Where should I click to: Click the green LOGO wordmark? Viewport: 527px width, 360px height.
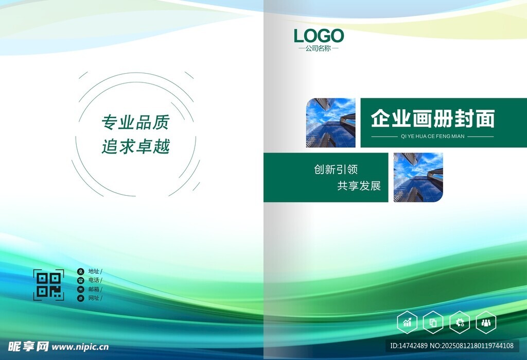tap(319, 36)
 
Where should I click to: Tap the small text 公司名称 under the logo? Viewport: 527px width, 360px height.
tap(318, 48)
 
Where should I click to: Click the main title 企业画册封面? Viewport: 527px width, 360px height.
tap(433, 118)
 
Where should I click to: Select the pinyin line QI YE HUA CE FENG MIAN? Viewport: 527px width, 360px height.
tap(432, 136)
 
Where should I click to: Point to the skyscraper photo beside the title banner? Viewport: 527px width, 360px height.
tap(331, 123)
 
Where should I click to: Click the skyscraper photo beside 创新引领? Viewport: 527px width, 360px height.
tap(418, 178)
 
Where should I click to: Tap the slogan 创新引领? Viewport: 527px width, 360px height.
tap(336, 169)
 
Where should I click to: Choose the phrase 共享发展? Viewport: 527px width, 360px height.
tap(359, 186)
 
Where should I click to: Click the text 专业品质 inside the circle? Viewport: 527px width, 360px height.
tap(136, 122)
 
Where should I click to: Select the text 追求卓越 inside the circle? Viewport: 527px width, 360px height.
tap(136, 146)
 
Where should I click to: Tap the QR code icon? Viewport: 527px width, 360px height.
tap(49, 285)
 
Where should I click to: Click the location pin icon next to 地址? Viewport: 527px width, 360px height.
tap(81, 271)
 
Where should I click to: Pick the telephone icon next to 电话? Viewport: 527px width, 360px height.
tap(81, 280)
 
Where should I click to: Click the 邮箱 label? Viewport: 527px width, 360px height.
tap(94, 289)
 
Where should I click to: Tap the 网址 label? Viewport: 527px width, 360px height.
tap(94, 298)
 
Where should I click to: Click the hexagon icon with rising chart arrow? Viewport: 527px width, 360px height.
tap(408, 322)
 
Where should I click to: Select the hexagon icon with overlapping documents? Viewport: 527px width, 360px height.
tap(433, 322)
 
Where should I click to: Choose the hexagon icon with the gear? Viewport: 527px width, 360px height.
tap(460, 322)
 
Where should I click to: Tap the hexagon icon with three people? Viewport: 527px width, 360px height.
tap(486, 322)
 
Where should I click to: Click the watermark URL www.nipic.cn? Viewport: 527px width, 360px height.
tap(80, 347)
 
